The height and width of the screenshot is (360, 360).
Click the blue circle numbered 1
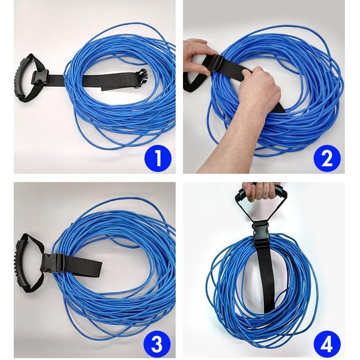[158, 158]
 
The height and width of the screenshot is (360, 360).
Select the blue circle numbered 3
[157, 345]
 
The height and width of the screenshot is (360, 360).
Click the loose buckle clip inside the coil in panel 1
[141, 78]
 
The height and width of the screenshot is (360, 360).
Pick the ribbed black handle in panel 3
[23, 262]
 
